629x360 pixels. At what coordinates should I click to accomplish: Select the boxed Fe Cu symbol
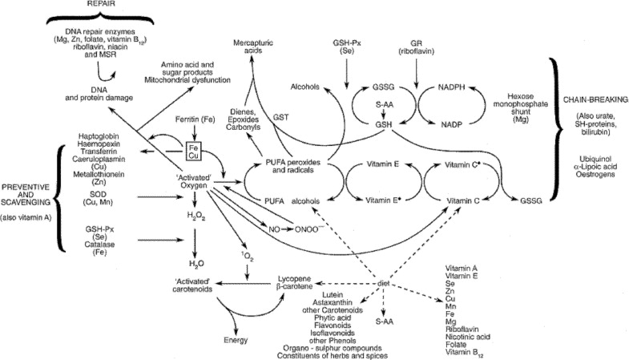192,153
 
